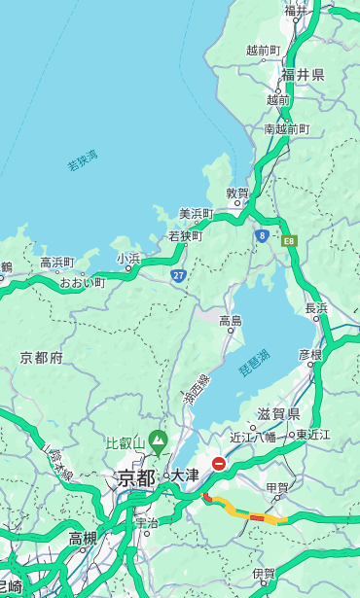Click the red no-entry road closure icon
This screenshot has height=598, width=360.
220,465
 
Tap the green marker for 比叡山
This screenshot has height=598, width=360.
157,445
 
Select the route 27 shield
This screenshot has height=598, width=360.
179,275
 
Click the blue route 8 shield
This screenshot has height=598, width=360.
262,235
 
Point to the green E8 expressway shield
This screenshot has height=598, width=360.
288,239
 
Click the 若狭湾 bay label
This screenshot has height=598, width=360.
83,160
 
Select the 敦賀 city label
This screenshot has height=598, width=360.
238,193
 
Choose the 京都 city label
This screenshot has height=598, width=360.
136,477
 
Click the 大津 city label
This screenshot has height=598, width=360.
185,476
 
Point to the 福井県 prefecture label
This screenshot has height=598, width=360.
304,75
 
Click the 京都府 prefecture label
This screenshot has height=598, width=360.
42,358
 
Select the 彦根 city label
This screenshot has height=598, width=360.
309,355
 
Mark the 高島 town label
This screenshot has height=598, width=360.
231,321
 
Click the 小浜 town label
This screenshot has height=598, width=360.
128,259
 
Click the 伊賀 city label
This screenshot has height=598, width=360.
264,574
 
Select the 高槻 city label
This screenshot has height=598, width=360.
83,538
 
